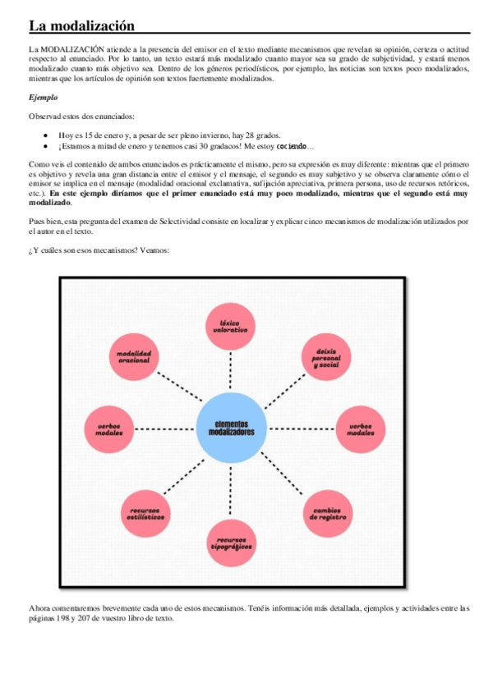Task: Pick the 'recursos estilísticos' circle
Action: [x=146, y=515]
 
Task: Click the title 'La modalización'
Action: [x=81, y=26]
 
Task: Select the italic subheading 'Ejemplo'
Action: [x=43, y=97]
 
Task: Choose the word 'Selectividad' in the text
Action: [x=200, y=222]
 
